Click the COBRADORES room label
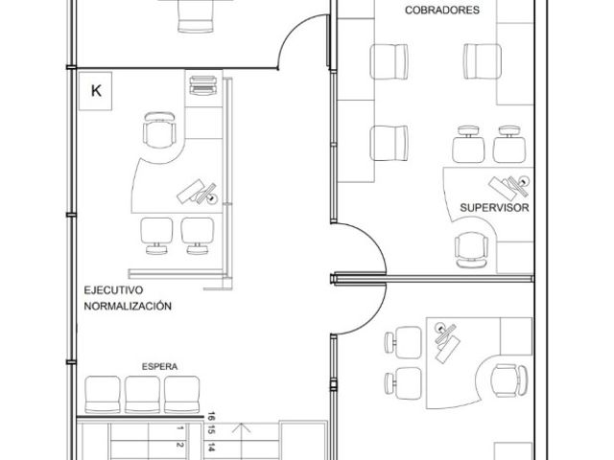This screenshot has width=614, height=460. click(x=442, y=10)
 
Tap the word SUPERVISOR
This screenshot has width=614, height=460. click(x=494, y=208)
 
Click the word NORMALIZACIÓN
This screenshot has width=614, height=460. click(x=128, y=306)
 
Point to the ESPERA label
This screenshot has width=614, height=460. click(x=160, y=366)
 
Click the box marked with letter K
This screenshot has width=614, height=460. click(x=96, y=91)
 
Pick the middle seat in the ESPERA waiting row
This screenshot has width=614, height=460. click(x=142, y=394)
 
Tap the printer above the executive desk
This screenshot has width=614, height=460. click(x=203, y=85)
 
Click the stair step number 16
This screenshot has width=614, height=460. click(x=211, y=416)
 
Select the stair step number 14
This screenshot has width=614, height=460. click(x=211, y=448)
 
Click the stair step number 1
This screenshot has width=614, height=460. click(x=179, y=428)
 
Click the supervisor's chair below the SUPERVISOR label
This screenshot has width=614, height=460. click(x=471, y=250)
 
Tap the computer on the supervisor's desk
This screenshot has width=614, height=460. click(x=509, y=187)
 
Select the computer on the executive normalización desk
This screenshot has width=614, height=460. click(x=197, y=192)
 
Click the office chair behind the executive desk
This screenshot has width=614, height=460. click(x=159, y=130)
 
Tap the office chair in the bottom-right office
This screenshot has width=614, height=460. click(x=508, y=380)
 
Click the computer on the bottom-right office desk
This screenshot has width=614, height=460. click(x=446, y=342)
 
